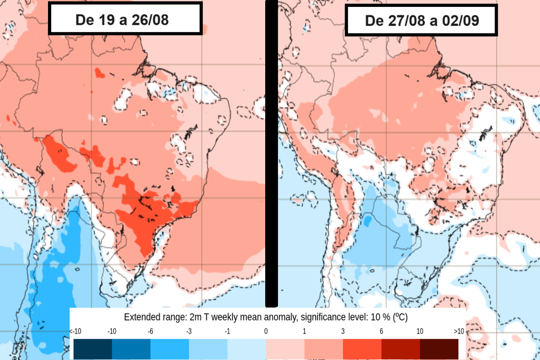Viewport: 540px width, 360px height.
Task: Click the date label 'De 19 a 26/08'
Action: (125, 20)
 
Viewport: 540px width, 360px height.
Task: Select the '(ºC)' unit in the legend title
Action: (399, 317)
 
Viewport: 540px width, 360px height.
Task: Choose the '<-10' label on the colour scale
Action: (75, 331)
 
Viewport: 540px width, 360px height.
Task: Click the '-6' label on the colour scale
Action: (150, 331)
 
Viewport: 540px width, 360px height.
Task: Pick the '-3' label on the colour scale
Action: (189, 331)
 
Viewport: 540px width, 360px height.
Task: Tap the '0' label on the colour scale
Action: (266, 331)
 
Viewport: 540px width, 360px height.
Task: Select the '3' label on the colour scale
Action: (343, 331)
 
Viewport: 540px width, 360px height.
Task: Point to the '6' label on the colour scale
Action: (381, 331)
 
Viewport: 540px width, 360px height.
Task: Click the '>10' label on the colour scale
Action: (458, 331)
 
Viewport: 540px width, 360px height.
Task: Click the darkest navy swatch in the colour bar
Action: (93, 348)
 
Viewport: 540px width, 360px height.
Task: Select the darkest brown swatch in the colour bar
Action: (439, 348)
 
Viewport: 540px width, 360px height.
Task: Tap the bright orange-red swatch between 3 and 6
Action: (362, 348)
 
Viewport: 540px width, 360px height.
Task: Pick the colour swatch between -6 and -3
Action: (169, 348)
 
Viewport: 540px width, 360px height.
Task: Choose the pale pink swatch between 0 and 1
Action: (285, 348)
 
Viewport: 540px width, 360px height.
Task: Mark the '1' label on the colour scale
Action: (304, 331)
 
